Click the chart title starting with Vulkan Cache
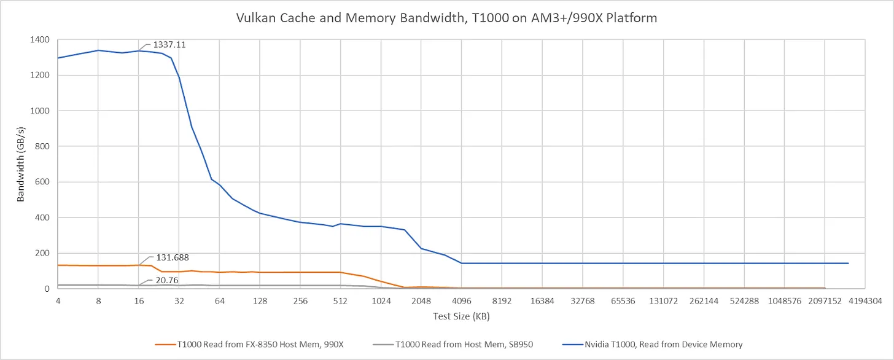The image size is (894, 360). pos(446,18)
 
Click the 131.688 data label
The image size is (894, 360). pos(172,257)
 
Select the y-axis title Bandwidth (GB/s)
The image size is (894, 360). pos(20,164)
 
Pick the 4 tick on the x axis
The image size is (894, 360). pos(58,301)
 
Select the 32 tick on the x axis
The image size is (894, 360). pos(179,301)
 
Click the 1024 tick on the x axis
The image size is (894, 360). pos(381,301)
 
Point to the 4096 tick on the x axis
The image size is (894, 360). pos(462,301)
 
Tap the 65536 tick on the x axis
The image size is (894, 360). pos(623,301)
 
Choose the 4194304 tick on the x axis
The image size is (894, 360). pos(865,301)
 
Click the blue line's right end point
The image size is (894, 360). pos(849,263)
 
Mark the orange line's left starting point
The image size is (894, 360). pos(58,265)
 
